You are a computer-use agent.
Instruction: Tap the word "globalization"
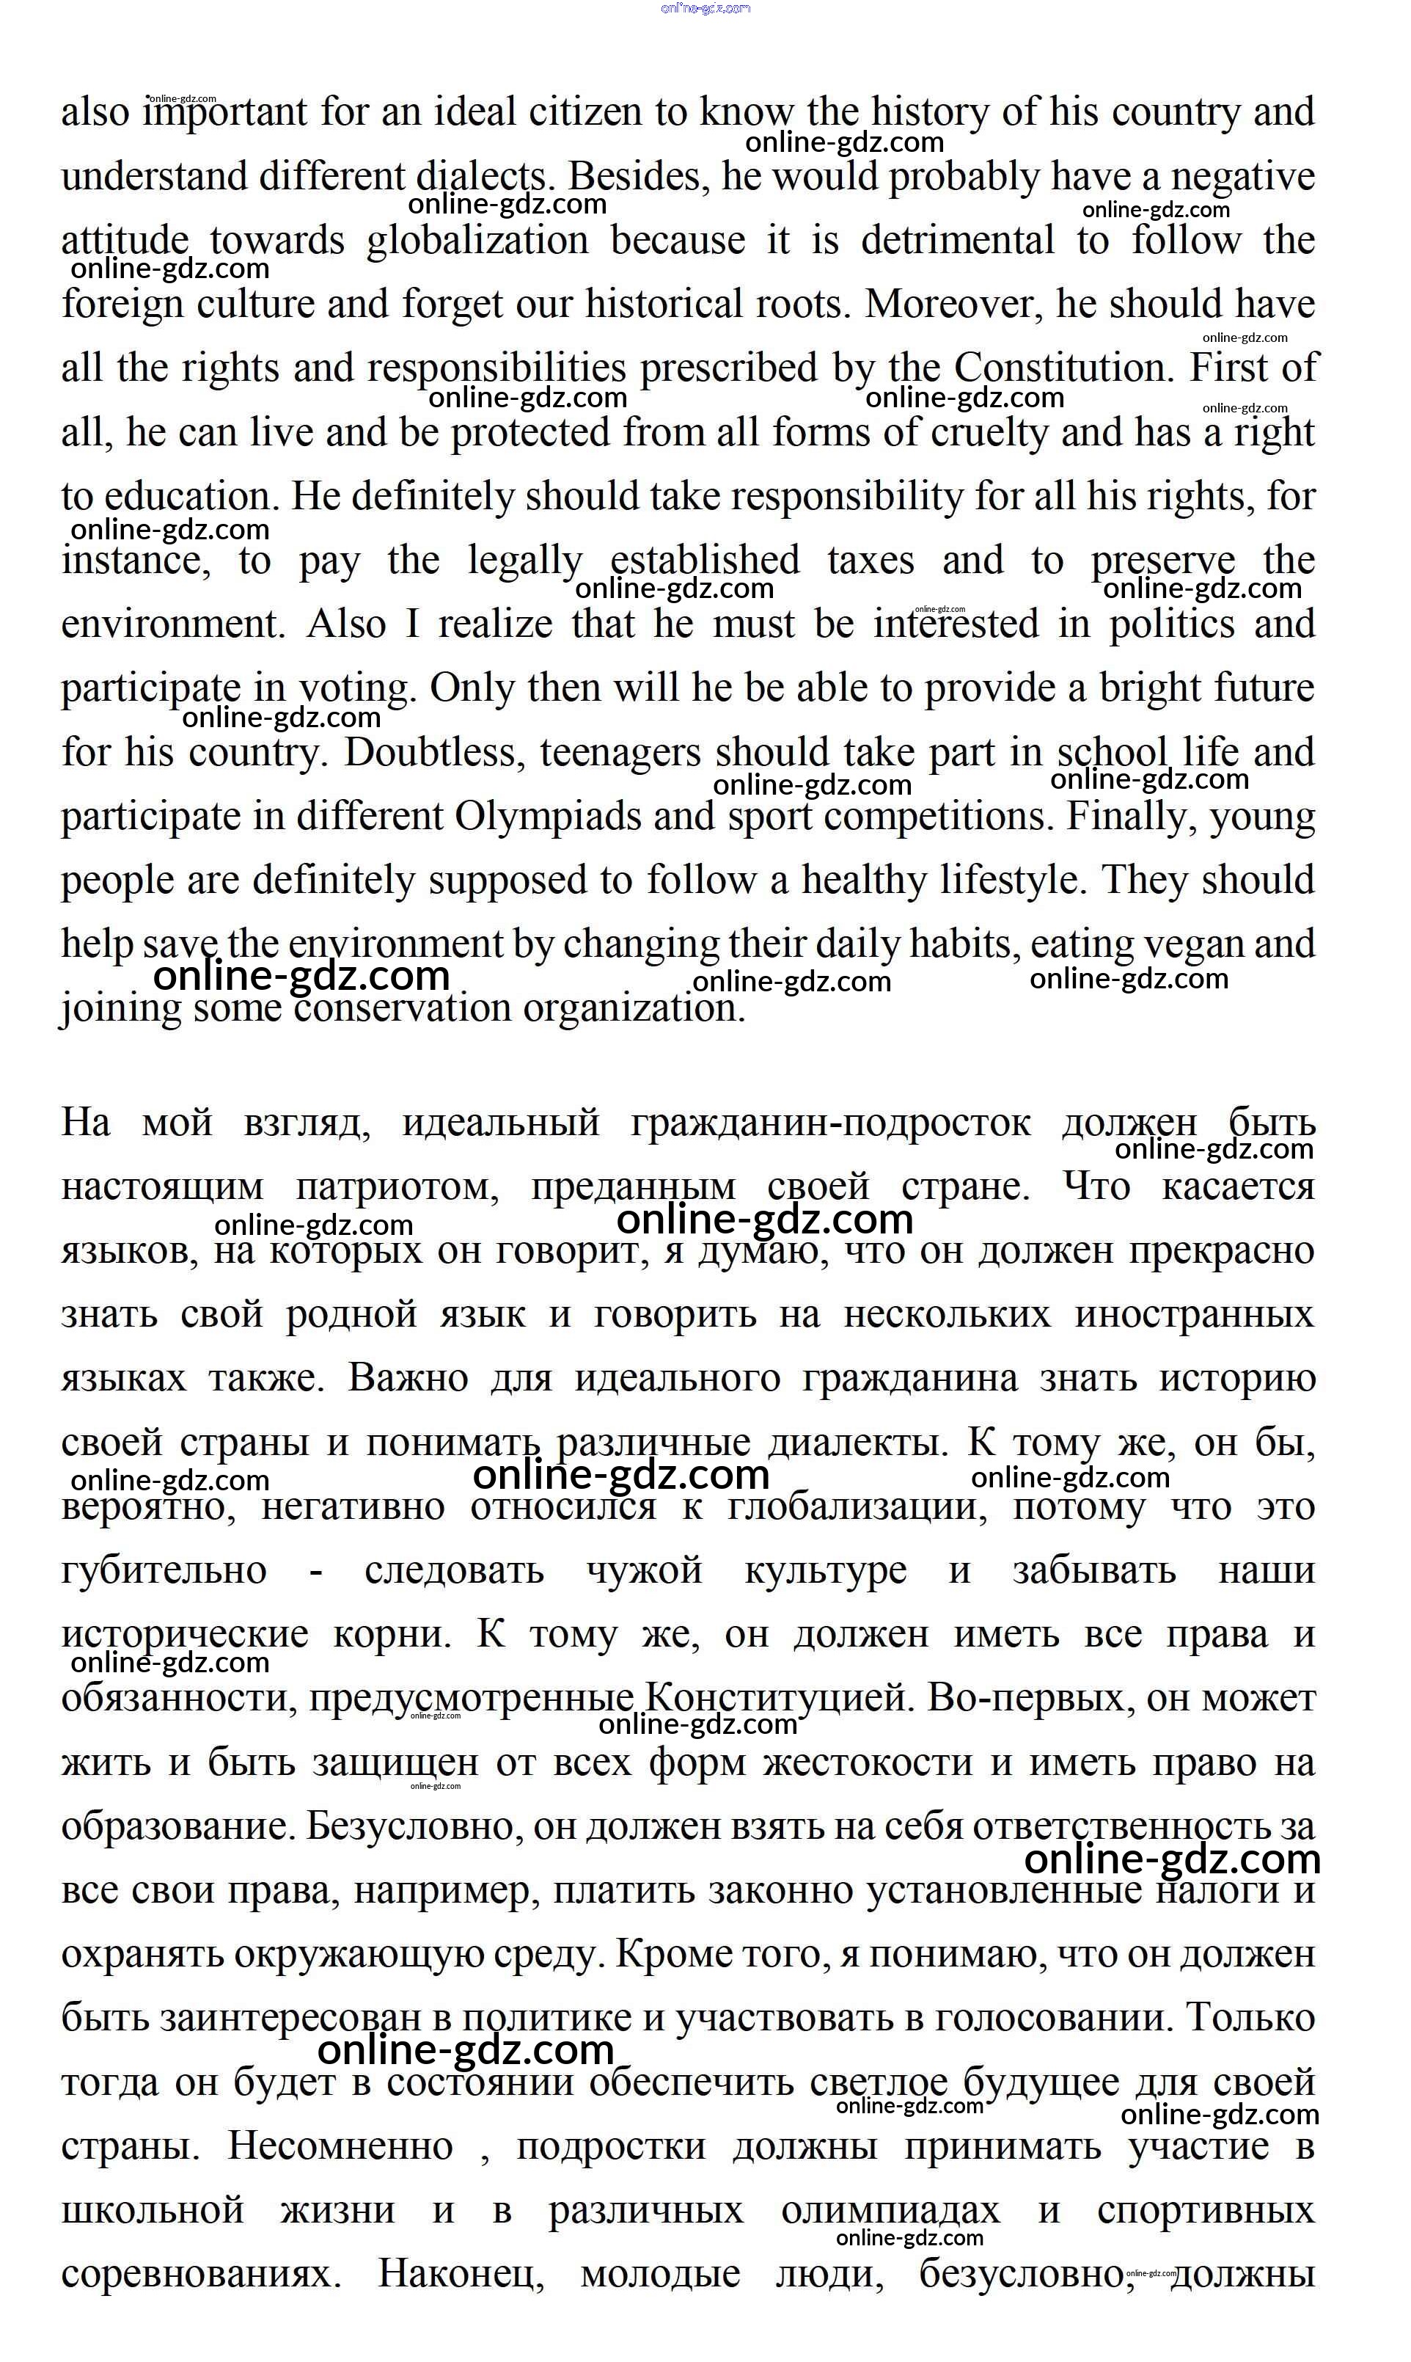pos(477,241)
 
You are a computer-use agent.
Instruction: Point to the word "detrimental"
pos(958,240)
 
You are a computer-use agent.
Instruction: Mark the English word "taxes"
pos(870,561)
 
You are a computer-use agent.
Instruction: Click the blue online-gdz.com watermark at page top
pos(705,7)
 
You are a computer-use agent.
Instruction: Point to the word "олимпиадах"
pos(890,2211)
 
